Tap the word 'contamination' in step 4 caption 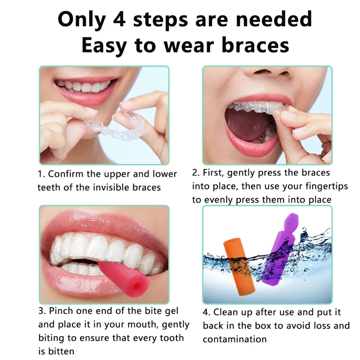point(234,339)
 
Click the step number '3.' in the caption point(42,311)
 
